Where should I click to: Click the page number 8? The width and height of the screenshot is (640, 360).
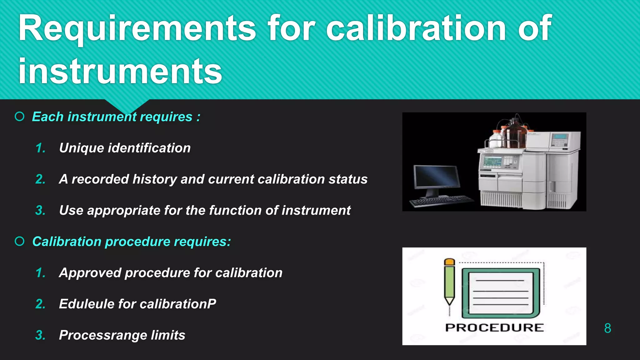(607, 328)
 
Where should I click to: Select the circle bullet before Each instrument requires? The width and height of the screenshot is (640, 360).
(20, 117)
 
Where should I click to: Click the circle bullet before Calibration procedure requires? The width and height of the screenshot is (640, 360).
(20, 241)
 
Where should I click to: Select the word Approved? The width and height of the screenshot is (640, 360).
(90, 273)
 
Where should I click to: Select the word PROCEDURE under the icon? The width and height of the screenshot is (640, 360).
(494, 327)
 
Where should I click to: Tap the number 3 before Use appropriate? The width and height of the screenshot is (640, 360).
(40, 211)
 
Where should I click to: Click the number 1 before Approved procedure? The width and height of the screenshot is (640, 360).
(40, 273)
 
